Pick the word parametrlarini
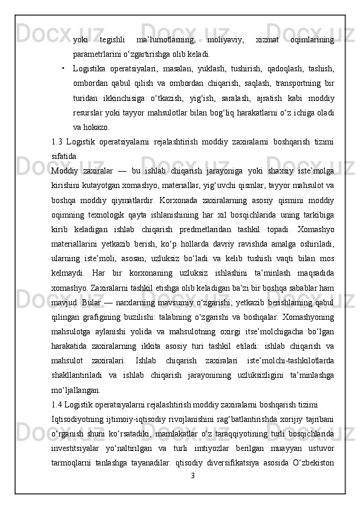97,54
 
